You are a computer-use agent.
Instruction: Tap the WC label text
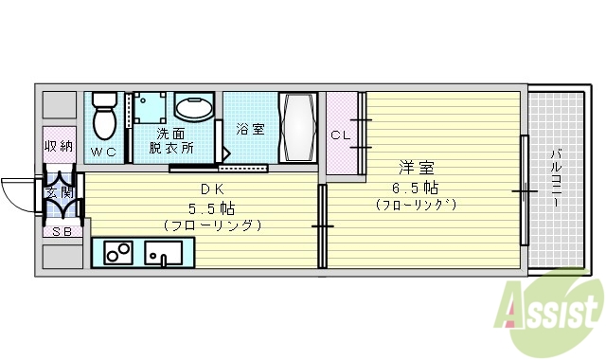[x=103, y=151]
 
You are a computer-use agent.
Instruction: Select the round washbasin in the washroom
[x=195, y=109]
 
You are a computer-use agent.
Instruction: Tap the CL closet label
[x=340, y=135]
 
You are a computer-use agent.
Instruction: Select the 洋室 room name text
[x=416, y=168]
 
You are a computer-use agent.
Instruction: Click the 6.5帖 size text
[x=416, y=187]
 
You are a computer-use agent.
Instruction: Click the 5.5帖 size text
[x=211, y=207]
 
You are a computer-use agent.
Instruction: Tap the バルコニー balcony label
[x=556, y=180]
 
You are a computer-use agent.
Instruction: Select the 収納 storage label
[x=58, y=146]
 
